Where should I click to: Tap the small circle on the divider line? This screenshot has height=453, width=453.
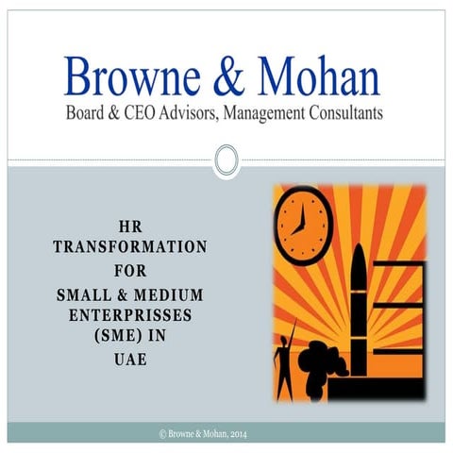pos(226,160)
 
